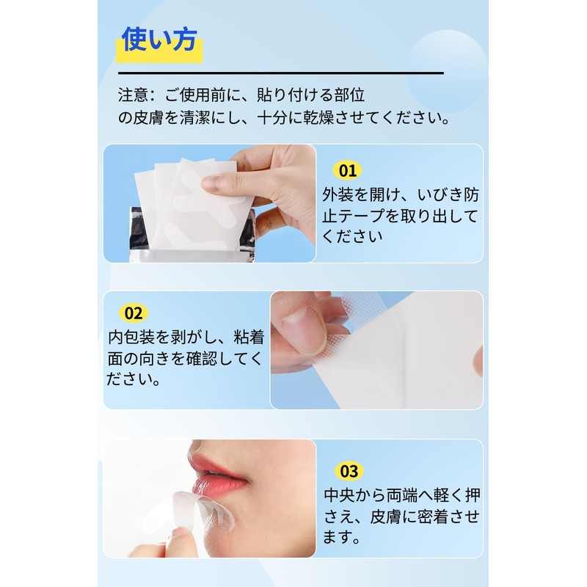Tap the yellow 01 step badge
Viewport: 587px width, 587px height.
pyautogui.click(x=347, y=171)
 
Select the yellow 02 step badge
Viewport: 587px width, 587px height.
pyautogui.click(x=133, y=313)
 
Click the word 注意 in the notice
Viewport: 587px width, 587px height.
pyautogui.click(x=133, y=95)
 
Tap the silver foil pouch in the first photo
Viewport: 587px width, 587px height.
pyautogui.click(x=139, y=231)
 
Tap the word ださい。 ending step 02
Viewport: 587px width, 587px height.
pyautogui.click(x=134, y=380)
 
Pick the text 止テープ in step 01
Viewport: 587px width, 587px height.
pyautogui.click(x=360, y=216)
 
